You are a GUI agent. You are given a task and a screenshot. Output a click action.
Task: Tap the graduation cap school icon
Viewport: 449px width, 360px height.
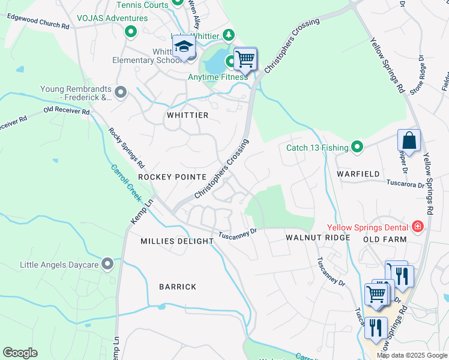click(184, 46)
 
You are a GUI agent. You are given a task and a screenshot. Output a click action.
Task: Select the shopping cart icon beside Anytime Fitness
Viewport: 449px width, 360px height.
click(245, 59)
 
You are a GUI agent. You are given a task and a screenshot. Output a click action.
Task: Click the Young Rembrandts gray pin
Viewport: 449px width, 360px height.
click(121, 92)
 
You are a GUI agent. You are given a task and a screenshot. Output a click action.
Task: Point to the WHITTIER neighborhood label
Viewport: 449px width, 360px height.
click(188, 115)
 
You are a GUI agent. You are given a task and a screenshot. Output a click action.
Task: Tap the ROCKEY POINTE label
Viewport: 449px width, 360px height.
click(172, 177)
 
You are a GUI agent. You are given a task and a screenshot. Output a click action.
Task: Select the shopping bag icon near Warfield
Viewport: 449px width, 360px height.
click(409, 141)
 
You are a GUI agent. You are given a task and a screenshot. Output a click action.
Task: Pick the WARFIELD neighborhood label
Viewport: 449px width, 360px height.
click(358, 174)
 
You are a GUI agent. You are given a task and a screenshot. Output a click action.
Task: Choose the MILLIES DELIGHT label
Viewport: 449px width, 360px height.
click(177, 241)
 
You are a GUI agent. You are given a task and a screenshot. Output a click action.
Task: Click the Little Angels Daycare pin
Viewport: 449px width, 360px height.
click(107, 263)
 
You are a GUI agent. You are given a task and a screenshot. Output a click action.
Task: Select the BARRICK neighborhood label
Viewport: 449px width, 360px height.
click(178, 287)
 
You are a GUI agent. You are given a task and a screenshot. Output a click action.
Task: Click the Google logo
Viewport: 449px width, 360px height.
click(20, 352)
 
